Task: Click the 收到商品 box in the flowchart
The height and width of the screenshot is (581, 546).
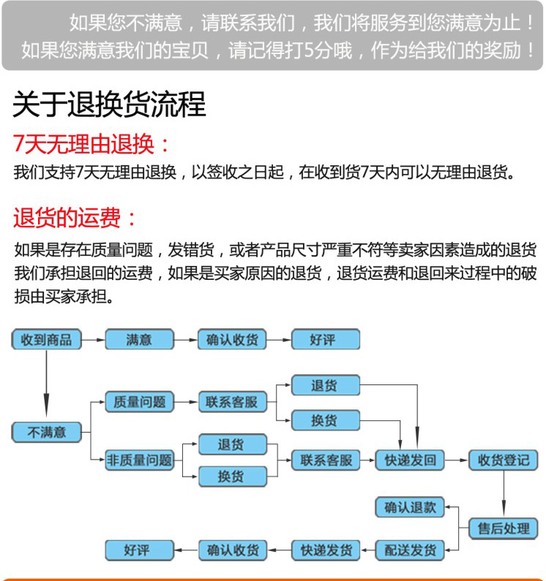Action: tap(45, 339)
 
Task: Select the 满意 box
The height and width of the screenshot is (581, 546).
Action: tap(139, 339)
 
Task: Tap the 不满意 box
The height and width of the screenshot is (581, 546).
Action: tap(45, 432)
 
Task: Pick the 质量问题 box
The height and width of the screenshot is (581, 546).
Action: tap(139, 401)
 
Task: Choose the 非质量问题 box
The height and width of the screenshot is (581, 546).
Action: tap(139, 460)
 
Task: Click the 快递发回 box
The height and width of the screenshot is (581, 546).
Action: tap(410, 460)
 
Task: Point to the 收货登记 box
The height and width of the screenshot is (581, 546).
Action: tap(503, 460)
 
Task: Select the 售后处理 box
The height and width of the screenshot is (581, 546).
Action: tap(503, 528)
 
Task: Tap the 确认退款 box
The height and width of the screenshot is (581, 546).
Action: tap(410, 506)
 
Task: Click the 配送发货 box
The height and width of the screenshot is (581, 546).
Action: tap(410, 550)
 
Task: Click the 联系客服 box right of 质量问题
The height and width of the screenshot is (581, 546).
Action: tap(233, 401)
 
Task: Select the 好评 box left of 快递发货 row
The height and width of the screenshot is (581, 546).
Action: tap(139, 550)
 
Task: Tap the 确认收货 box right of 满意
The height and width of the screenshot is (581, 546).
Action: tap(233, 339)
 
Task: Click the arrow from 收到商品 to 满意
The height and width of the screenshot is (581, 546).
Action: tap(92, 339)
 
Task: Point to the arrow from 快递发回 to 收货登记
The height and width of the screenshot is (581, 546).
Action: tap(456, 460)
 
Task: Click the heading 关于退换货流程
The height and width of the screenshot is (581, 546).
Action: tap(109, 105)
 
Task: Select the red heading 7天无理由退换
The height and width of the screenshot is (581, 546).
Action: tap(92, 144)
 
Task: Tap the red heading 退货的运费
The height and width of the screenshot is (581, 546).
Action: tap(75, 217)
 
